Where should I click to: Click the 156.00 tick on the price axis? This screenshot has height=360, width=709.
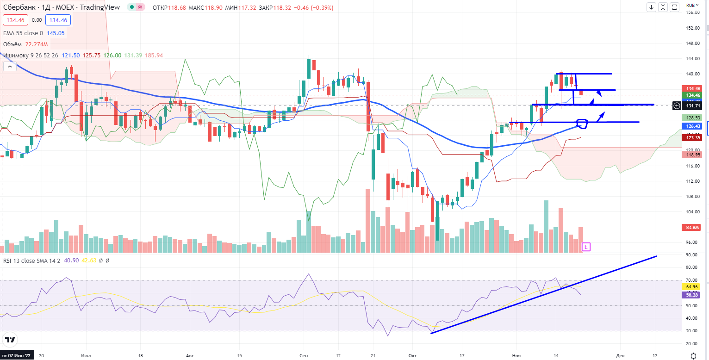coord(692,12)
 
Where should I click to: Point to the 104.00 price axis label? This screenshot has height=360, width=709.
coord(692,212)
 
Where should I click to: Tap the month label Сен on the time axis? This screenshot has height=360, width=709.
coord(304,355)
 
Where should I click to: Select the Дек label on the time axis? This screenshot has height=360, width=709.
coord(620,355)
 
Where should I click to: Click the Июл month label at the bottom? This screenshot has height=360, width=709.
coord(86,355)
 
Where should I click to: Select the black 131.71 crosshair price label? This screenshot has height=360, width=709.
coord(693,106)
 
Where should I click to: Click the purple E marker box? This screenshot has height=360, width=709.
coord(586,247)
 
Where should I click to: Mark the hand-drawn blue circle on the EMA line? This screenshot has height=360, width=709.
coord(582,123)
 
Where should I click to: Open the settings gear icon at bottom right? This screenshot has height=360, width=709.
coord(693,355)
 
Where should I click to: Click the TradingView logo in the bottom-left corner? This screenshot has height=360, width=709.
coord(10,340)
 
